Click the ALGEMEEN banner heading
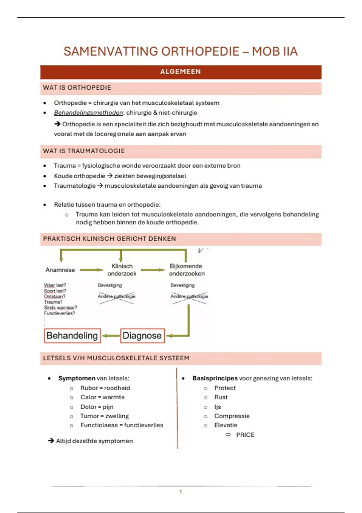click(180, 72)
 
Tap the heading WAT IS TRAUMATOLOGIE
click(84, 151)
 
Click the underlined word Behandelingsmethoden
click(88, 113)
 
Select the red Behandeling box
click(72, 336)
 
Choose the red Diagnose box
click(142, 336)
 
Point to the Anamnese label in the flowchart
click(60, 270)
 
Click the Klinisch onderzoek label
click(122, 270)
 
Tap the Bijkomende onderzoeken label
click(186, 270)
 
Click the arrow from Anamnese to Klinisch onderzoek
click(91, 270)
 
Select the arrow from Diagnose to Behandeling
click(111, 336)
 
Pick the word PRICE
click(245, 435)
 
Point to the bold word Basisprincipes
click(215, 378)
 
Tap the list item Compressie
click(232, 416)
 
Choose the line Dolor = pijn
click(97, 407)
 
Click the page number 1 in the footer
click(181, 492)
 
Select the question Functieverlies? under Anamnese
click(59, 314)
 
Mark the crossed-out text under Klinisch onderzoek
click(116, 297)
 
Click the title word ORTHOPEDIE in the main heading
click(200, 52)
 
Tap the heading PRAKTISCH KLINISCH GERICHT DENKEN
click(109, 239)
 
